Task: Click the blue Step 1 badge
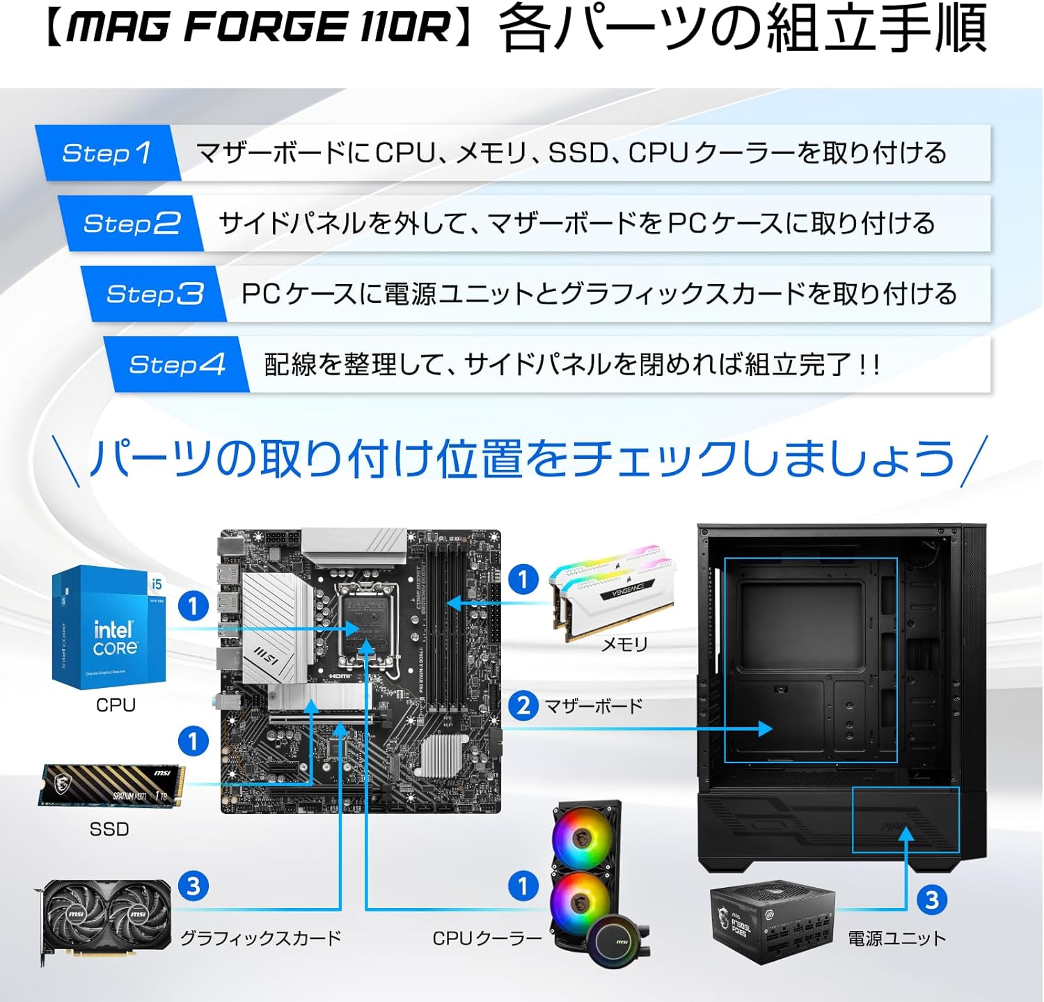pos(106,153)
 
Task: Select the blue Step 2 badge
pos(131,224)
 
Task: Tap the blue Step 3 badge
pos(154,294)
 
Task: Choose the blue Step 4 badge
pos(177,364)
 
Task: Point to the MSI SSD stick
pos(111,786)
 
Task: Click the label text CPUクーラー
pos(487,939)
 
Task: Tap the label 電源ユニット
pos(896,939)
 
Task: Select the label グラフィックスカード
pos(260,939)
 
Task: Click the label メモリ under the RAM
pos(624,645)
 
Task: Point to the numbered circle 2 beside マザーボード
pos(523,706)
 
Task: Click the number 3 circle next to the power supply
pos(932,900)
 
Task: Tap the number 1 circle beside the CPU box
pos(193,606)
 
